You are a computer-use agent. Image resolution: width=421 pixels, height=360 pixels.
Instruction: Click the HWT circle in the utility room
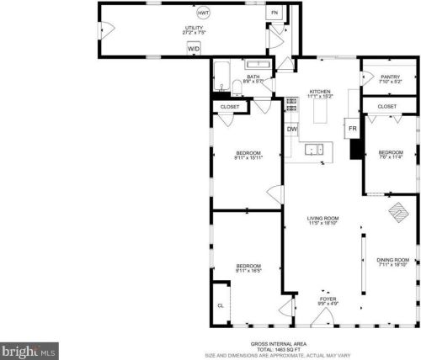pyautogui.click(x=203, y=14)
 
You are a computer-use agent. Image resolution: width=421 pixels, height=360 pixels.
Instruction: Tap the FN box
pyautogui.click(x=274, y=13)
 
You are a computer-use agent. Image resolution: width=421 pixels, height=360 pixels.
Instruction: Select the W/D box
pyautogui.click(x=194, y=50)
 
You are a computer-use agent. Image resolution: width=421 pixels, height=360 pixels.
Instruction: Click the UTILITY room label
pyautogui.click(x=195, y=30)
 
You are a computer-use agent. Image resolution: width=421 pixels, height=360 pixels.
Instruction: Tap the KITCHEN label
pyautogui.click(x=319, y=93)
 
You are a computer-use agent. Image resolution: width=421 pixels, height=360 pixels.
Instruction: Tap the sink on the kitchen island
pyautogui.click(x=314, y=149)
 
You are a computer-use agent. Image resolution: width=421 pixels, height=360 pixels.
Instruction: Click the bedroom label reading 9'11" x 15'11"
pyautogui.click(x=248, y=155)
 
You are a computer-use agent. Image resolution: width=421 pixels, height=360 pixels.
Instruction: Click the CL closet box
pyautogui.click(x=221, y=306)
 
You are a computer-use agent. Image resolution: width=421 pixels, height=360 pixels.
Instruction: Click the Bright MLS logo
pyautogui.click(x=30, y=347)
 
